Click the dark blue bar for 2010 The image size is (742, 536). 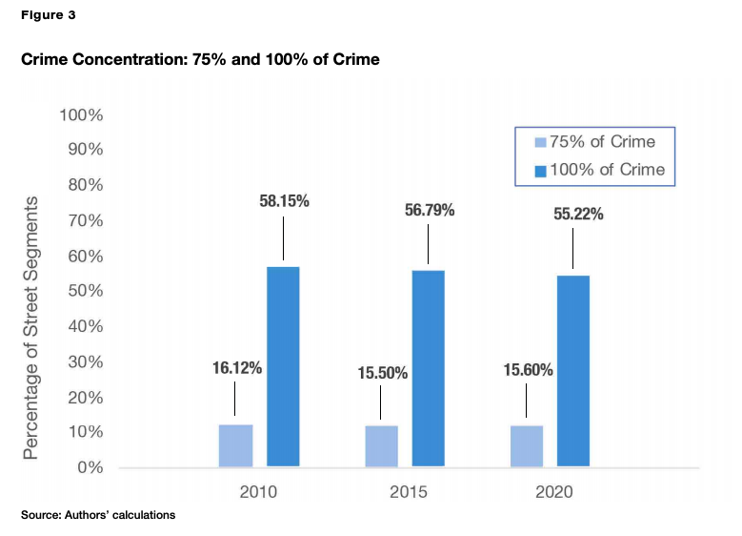point(283,367)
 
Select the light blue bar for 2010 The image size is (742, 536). point(235,445)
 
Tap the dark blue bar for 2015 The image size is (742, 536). point(428,369)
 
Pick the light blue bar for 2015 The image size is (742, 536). point(381,446)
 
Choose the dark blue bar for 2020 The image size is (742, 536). point(572,371)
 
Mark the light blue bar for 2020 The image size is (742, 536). point(527,446)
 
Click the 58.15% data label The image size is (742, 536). point(284,202)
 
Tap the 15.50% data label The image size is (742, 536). point(382,373)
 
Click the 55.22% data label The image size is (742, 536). point(577,215)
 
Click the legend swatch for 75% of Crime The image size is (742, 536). point(540,142)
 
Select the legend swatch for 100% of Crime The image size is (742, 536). point(540,172)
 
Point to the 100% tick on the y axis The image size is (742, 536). point(81,115)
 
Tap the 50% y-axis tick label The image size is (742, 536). point(85,291)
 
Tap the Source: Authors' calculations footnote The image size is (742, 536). point(98,515)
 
